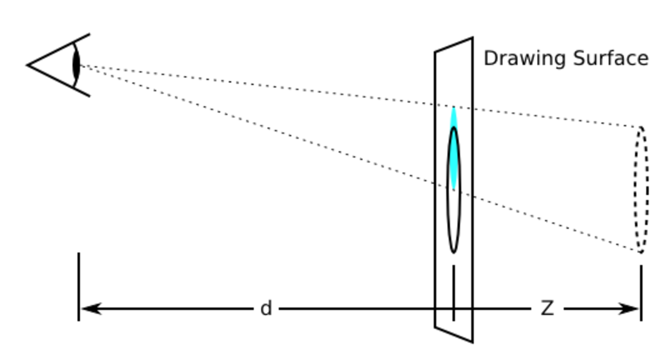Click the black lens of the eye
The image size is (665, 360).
[x=77, y=65]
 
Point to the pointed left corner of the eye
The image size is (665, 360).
[x=29, y=64]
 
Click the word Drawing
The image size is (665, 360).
[x=522, y=59]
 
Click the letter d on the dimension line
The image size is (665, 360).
[x=266, y=308]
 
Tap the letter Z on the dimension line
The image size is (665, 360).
[x=547, y=308]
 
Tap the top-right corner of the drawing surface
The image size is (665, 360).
[x=472, y=38]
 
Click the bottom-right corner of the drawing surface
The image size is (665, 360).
[x=472, y=342]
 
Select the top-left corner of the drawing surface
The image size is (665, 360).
[x=436, y=51]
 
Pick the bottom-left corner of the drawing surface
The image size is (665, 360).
[x=436, y=327]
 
